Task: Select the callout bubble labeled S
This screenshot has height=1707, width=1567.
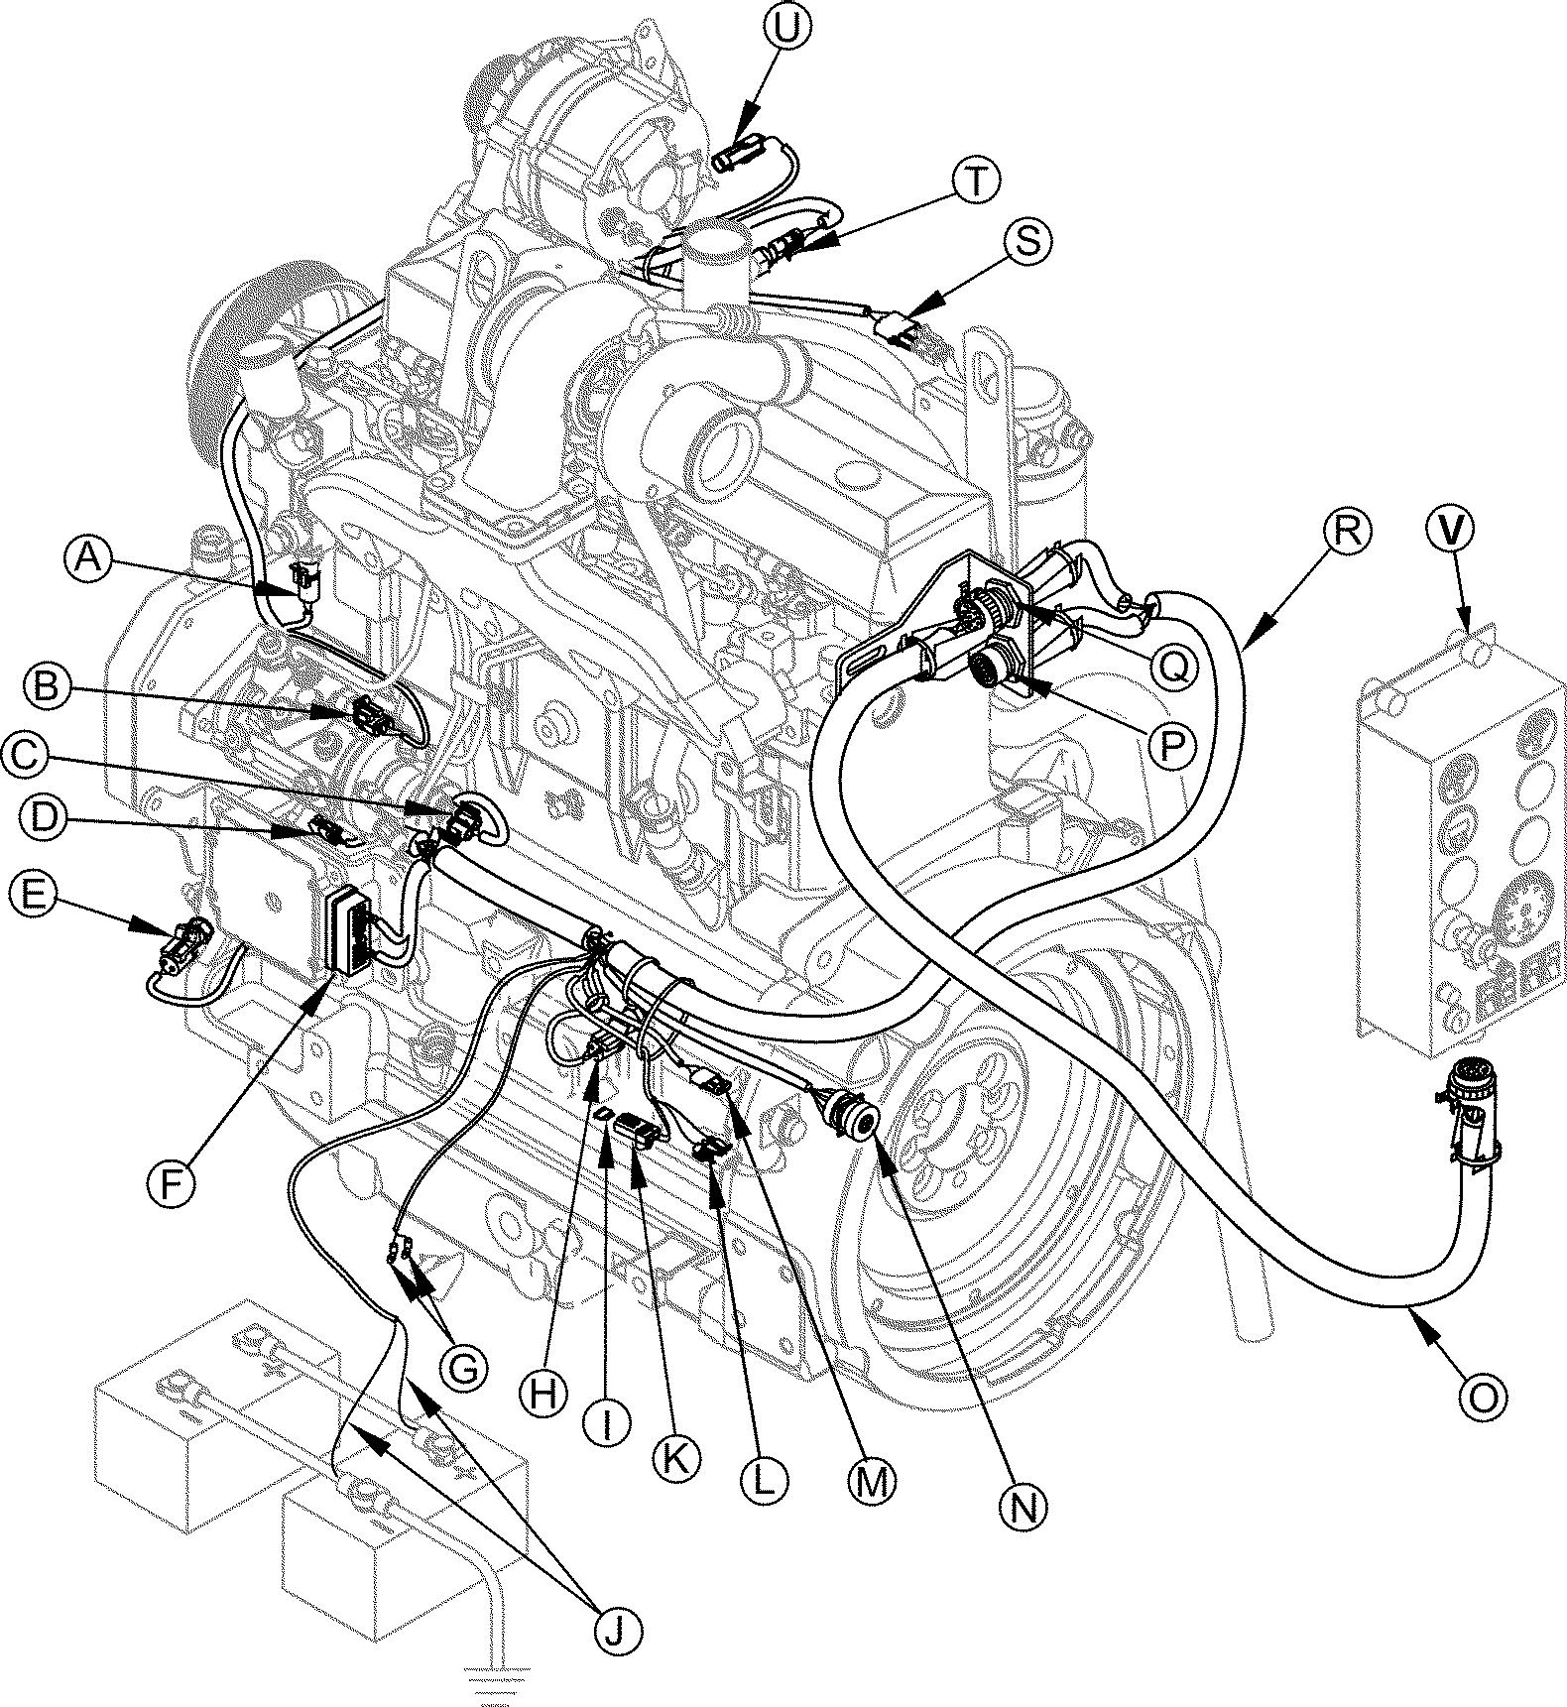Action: (x=1028, y=242)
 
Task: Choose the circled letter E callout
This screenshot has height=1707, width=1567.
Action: (x=34, y=898)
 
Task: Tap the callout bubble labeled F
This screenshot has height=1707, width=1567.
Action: (x=171, y=1182)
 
